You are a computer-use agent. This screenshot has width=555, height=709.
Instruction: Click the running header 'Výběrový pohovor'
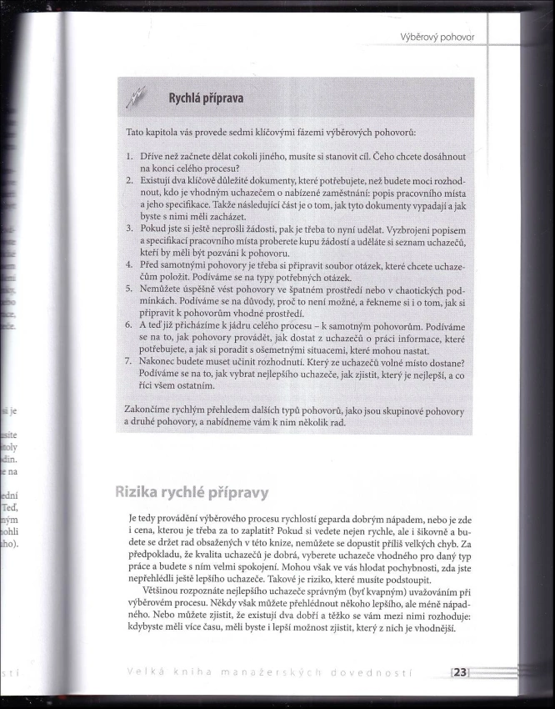(x=437, y=37)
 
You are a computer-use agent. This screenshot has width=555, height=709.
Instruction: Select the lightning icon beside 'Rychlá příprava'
(x=137, y=99)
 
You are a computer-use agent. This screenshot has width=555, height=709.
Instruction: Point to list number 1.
(x=129, y=156)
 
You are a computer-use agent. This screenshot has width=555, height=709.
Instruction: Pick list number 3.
(x=129, y=228)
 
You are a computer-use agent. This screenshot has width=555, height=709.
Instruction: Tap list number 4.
(x=129, y=264)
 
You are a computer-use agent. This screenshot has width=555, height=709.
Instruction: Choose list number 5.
(x=129, y=289)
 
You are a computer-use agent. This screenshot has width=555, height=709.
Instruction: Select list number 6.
(x=129, y=325)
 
